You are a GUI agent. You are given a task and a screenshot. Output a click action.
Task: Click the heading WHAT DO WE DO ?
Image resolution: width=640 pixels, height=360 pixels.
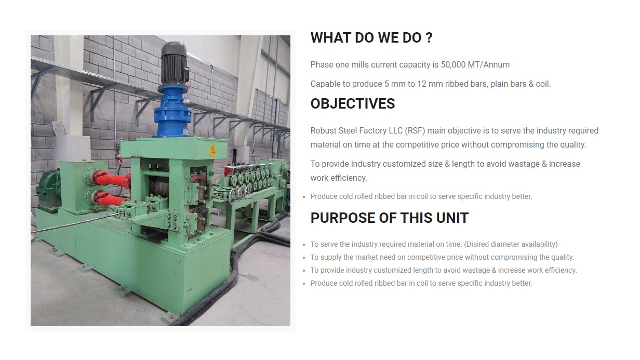371,38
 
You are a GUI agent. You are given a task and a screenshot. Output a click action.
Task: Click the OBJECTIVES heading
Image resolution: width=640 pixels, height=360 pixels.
353,104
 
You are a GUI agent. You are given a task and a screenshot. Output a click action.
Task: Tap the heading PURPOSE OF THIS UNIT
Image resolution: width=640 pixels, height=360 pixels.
390,218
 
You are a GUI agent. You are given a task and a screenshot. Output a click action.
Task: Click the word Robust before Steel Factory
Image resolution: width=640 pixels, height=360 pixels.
324,130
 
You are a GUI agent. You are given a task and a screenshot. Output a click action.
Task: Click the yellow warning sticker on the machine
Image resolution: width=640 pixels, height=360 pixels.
212,150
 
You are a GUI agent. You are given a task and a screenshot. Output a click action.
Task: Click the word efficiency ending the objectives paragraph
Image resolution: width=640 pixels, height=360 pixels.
349,178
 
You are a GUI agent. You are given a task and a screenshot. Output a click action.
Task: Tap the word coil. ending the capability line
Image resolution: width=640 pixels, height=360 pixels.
543,84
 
